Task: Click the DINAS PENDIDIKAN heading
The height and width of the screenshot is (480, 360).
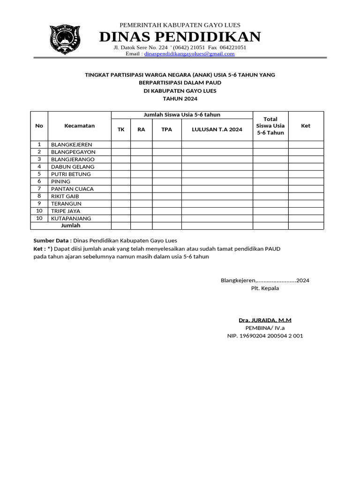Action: point(180,37)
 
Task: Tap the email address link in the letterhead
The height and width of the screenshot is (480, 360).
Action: point(189,54)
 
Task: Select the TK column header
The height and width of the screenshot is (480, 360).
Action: point(121,129)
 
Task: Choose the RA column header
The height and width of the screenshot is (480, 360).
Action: point(141,129)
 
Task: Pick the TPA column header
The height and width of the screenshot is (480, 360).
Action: point(167,129)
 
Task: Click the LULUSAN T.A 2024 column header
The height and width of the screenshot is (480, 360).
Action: point(217,129)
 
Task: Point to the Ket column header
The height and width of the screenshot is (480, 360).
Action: point(306,126)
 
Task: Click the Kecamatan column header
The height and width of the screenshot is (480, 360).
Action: point(79,126)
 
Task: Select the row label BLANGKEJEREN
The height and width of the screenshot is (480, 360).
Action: point(72,144)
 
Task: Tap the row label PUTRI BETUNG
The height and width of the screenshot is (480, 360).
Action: point(71,174)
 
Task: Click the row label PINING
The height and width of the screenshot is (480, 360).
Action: point(60,181)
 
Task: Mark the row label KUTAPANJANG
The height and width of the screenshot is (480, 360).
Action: point(71,218)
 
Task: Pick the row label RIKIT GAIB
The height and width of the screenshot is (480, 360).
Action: point(65,196)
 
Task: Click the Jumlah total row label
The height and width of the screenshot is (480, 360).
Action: point(71,225)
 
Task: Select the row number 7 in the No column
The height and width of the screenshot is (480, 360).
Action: point(39,188)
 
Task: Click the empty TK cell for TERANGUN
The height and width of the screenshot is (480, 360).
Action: point(121,203)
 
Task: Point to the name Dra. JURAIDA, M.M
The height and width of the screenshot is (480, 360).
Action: point(265,320)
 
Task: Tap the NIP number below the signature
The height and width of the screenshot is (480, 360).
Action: point(265,336)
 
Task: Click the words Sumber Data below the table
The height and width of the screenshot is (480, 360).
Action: point(52,240)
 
